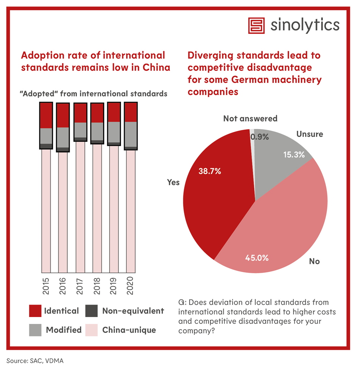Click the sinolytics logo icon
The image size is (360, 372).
(257, 25)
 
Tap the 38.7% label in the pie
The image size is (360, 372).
(210, 171)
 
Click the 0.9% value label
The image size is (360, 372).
(259, 137)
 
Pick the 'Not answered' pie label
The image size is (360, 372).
(250, 119)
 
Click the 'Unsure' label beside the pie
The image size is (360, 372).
(310, 134)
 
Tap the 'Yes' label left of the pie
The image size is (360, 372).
(174, 183)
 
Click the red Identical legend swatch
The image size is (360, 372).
(35, 311)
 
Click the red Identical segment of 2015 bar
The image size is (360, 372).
(46, 115)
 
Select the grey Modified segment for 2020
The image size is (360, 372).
(131, 134)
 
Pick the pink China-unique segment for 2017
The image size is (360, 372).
(80, 206)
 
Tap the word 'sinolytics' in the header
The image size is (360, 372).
(305, 25)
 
